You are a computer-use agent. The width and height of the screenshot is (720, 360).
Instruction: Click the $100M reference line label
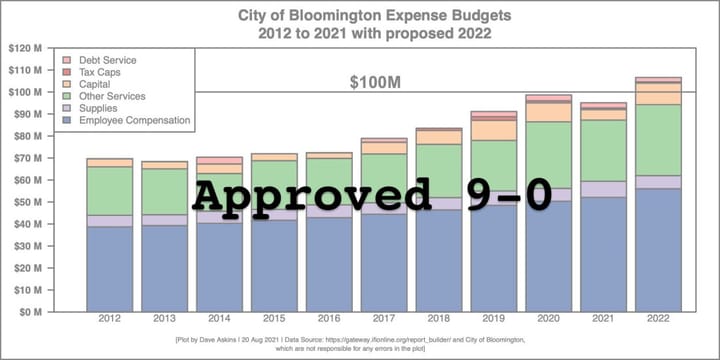point(372,82)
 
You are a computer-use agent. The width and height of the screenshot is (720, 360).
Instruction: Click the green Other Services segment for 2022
point(658,140)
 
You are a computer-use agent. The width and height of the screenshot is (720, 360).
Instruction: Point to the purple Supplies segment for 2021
point(603,189)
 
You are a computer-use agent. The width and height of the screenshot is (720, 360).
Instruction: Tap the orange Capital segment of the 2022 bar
point(658,93)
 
